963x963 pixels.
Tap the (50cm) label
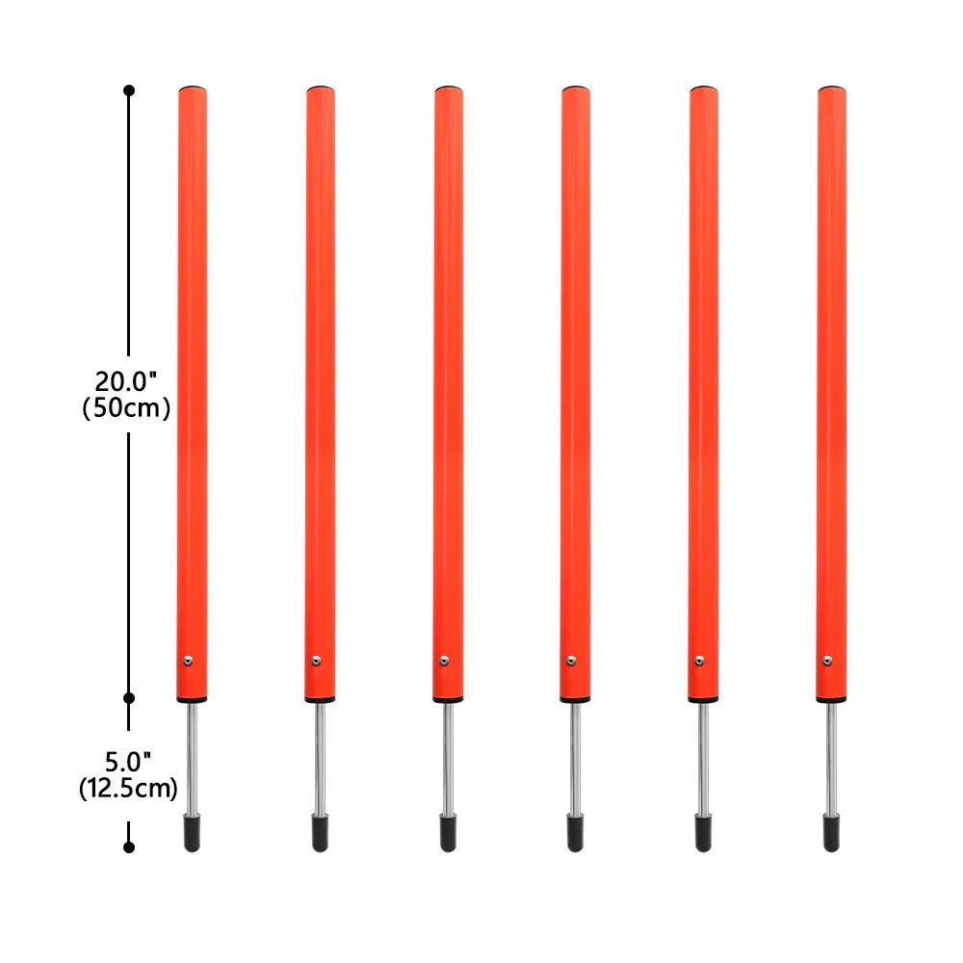(x=127, y=407)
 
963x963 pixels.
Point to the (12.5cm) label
(x=128, y=789)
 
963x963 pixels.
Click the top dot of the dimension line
(x=129, y=91)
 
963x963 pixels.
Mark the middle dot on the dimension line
(x=129, y=696)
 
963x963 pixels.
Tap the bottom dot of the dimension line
(x=129, y=847)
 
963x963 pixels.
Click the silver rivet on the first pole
(x=189, y=660)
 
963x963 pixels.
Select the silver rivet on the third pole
(x=444, y=660)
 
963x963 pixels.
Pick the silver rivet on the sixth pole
(x=826, y=660)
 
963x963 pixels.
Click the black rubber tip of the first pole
(x=193, y=833)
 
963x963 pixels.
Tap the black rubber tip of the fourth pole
(x=575, y=833)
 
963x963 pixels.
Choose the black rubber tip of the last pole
(x=831, y=833)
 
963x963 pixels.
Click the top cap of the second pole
(x=321, y=90)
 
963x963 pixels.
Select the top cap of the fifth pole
(x=704, y=90)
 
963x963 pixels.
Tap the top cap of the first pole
(x=193, y=90)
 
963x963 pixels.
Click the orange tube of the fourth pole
(x=576, y=385)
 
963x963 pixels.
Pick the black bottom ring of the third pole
(x=448, y=700)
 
